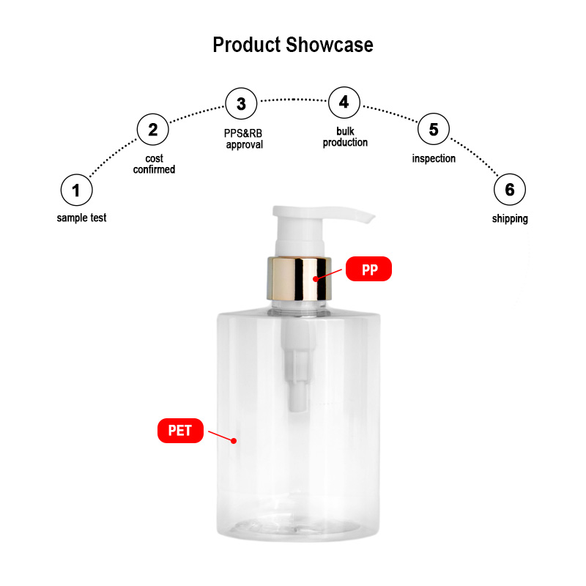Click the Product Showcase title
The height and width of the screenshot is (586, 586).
tap(293, 45)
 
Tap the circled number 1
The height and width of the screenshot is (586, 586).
tap(77, 190)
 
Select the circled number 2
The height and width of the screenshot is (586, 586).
tap(153, 130)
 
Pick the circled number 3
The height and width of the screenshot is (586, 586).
tap(242, 103)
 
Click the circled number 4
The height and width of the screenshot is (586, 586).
tap(344, 103)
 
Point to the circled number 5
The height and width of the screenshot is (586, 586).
tap(434, 129)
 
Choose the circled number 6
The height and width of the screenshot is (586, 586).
tap(510, 190)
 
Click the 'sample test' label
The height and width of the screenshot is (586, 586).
tap(81, 218)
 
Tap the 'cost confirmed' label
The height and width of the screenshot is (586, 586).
tap(154, 164)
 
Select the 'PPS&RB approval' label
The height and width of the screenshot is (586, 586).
tap(243, 139)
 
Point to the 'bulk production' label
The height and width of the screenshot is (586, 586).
tap(345, 137)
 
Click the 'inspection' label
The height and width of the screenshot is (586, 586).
tap(434, 158)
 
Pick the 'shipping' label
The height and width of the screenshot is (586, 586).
tap(510, 218)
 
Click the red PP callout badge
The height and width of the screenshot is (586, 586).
tap(369, 269)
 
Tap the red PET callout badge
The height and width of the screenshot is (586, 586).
tap(180, 431)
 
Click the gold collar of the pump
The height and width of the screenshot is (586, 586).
tap(299, 278)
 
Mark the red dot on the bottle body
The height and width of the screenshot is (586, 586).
tap(234, 441)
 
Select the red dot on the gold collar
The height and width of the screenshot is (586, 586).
tap(316, 279)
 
